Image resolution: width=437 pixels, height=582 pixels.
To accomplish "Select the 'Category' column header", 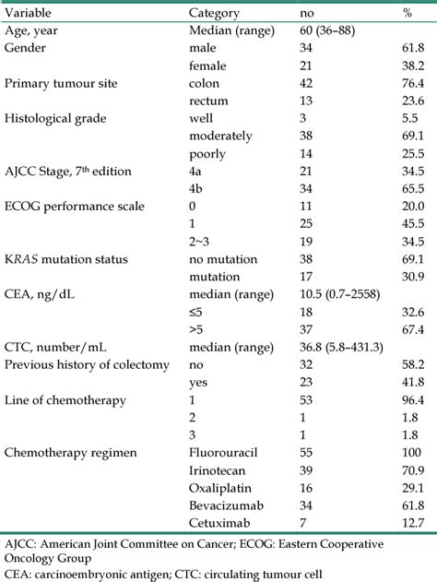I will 214,14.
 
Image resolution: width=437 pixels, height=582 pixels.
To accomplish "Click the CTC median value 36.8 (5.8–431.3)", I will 353,346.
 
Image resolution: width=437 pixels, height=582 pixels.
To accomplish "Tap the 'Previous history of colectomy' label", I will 87,363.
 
